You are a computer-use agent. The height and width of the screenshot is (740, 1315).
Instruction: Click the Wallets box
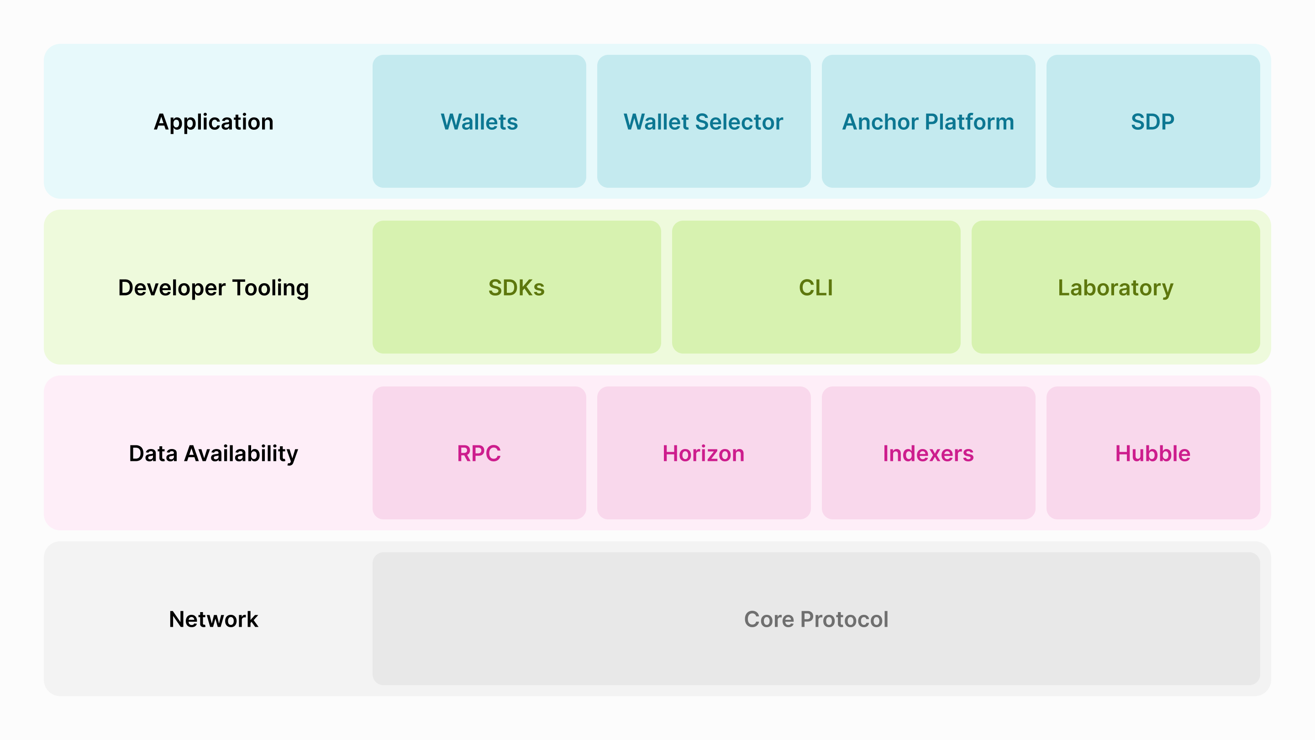[479, 122]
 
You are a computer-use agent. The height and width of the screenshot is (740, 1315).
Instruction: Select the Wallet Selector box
[704, 122]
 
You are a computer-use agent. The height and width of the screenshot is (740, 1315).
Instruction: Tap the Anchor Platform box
[928, 122]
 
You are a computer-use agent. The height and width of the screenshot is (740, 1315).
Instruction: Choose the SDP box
[1152, 122]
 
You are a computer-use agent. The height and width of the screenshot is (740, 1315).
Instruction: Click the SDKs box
[516, 287]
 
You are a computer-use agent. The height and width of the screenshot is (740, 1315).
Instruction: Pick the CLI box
[816, 287]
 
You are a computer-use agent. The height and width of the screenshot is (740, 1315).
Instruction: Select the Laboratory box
[1115, 287]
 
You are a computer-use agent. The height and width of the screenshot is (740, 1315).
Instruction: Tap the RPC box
[479, 454]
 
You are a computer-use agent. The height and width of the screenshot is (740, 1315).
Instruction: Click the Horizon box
[704, 454]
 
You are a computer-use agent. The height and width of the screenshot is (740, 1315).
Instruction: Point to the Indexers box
[928, 454]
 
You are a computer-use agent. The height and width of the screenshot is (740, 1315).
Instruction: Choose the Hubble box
[1152, 454]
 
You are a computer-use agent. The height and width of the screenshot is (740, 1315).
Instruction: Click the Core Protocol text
[816, 619]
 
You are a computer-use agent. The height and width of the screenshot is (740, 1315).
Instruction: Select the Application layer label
[213, 122]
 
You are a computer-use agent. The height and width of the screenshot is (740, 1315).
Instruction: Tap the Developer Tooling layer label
[213, 287]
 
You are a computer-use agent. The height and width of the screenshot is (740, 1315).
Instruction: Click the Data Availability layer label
[213, 454]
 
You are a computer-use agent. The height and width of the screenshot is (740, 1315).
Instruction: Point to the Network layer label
[213, 619]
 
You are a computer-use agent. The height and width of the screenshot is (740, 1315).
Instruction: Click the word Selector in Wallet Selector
[739, 122]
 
